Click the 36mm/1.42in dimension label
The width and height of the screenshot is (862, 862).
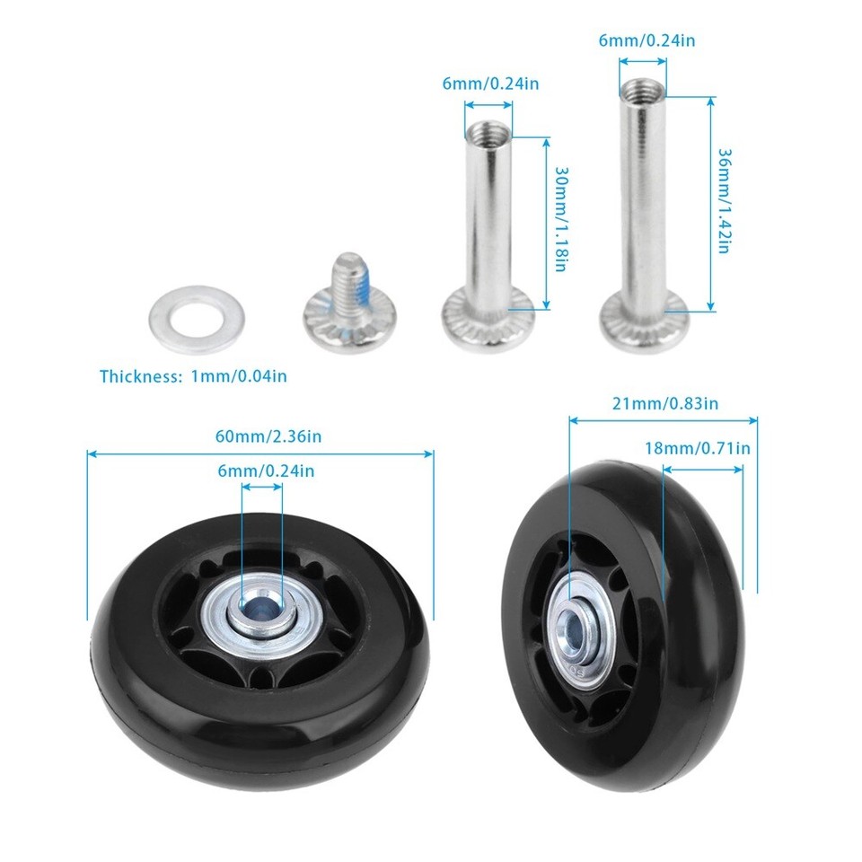click(x=724, y=200)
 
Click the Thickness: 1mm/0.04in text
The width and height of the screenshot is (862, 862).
click(x=193, y=376)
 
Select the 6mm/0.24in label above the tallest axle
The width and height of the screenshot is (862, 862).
click(x=646, y=40)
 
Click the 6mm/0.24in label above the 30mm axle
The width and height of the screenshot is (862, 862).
click(x=490, y=84)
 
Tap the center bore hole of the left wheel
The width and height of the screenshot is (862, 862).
click(x=261, y=614)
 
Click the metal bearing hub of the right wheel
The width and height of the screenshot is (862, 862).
click(x=576, y=629)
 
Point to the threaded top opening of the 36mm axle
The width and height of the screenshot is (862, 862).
click(x=642, y=89)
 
